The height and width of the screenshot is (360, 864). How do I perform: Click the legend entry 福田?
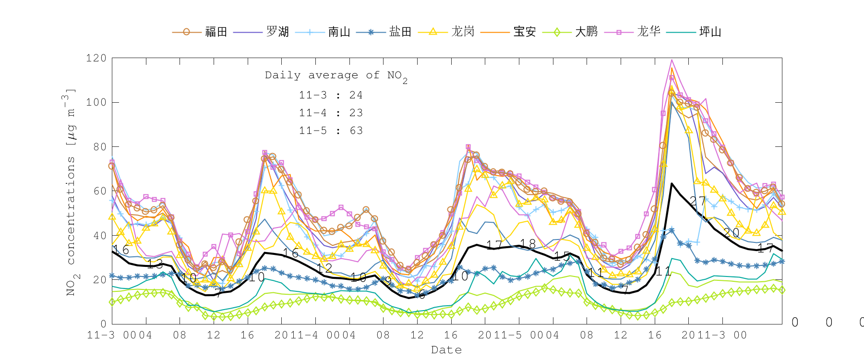[x=216, y=32]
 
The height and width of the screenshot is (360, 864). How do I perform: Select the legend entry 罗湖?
[x=277, y=32]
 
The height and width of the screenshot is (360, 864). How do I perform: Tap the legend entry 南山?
[x=339, y=32]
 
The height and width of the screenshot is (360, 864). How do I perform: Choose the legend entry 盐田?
[x=400, y=32]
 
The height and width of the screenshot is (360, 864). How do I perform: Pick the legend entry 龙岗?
[x=463, y=32]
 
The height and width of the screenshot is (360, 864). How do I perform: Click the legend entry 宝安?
[x=524, y=32]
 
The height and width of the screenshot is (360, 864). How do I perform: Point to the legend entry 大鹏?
[x=586, y=32]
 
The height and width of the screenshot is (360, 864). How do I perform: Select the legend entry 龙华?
[x=648, y=32]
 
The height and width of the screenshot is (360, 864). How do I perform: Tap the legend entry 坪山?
[x=710, y=32]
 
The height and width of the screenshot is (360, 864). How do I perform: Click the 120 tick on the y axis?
[x=96, y=58]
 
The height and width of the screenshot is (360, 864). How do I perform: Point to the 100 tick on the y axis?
[x=96, y=102]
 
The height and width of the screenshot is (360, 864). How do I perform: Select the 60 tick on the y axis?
[x=99, y=191]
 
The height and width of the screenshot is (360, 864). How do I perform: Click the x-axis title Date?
[x=446, y=350]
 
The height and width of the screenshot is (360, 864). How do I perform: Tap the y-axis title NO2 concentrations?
[x=70, y=192]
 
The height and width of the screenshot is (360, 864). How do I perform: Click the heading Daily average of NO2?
[x=336, y=76]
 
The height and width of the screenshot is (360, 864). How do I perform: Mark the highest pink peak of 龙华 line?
[x=672, y=60]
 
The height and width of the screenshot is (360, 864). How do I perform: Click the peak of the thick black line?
[x=672, y=183]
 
